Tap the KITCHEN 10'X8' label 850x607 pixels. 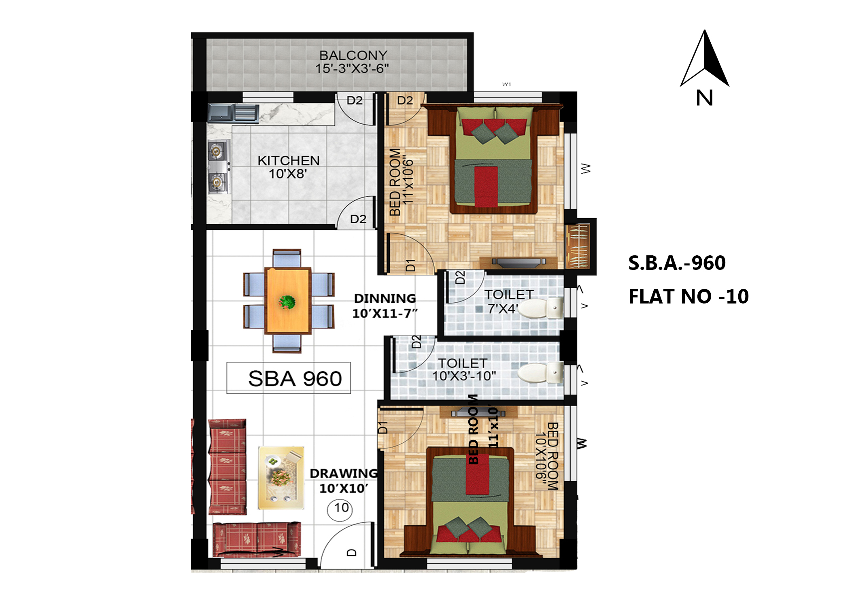[x=288, y=167]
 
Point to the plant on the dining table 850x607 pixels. [x=287, y=302]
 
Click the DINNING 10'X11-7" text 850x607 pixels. [x=385, y=306]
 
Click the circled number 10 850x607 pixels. [x=340, y=508]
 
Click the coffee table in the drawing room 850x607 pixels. [x=281, y=478]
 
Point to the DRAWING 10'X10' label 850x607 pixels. [x=344, y=481]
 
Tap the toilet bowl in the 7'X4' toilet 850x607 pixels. [x=541, y=308]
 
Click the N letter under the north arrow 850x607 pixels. [x=704, y=98]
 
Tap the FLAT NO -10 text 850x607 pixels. [x=688, y=296]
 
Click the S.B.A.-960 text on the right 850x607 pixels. [x=677, y=263]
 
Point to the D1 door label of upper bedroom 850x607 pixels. [x=410, y=265]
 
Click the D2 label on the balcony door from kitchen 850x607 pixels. [x=355, y=100]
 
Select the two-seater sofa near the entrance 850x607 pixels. [x=257, y=539]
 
